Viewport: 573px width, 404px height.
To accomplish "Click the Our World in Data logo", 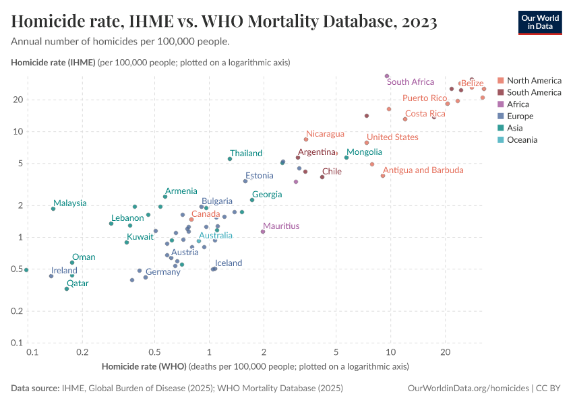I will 539,22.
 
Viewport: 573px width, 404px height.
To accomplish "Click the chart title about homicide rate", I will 224,22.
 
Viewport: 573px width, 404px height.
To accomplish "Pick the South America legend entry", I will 534,92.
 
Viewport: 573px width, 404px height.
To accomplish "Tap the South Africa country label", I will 410,82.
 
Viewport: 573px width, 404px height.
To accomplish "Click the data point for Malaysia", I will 53,209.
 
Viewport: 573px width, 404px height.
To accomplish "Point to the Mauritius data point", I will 263,232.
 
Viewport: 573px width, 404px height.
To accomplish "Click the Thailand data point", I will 230,159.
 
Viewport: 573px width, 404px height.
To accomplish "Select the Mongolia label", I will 364,152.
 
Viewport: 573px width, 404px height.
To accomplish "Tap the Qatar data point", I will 67,289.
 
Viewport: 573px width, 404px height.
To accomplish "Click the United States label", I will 392,137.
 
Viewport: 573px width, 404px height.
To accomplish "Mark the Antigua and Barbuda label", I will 423,170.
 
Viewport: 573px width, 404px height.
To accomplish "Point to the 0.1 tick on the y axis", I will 18,343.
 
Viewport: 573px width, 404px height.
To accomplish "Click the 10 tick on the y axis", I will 18,131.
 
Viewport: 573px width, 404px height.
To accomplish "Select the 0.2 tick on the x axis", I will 82,352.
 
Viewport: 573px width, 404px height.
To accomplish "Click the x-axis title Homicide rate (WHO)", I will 144,367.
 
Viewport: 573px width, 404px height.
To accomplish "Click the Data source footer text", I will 177,389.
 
